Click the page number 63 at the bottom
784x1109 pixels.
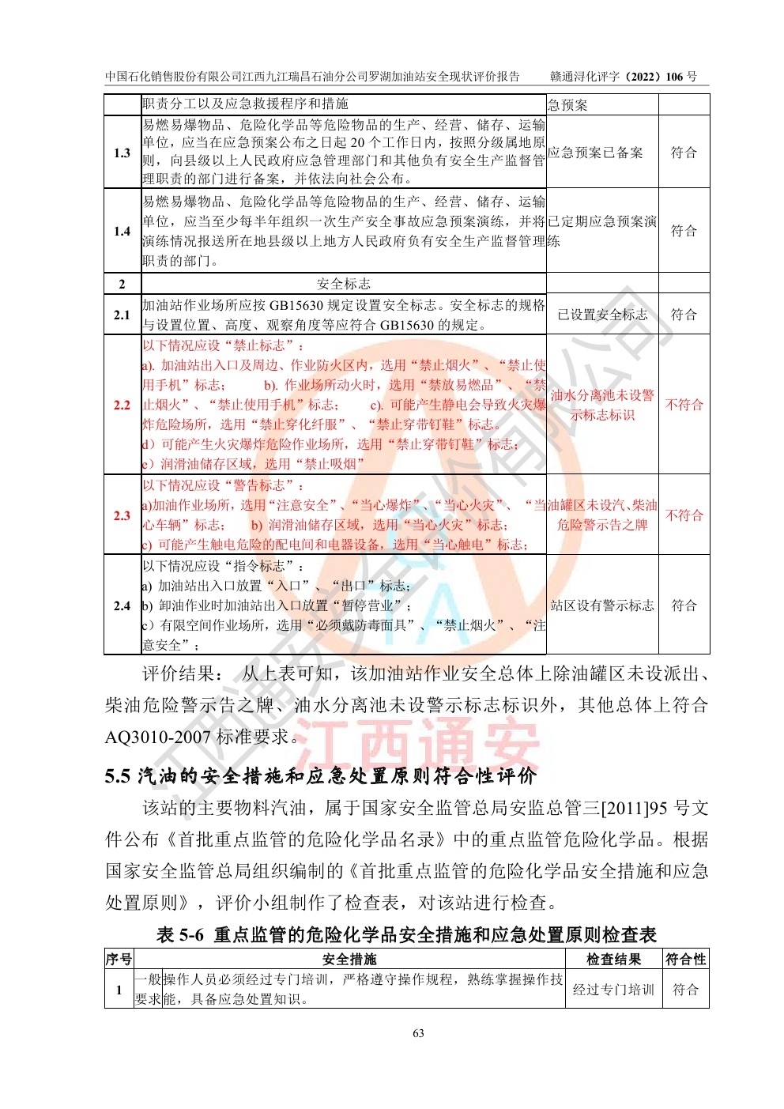pos(418,1032)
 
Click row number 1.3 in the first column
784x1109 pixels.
pos(122,153)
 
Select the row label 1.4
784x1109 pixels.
pos(122,231)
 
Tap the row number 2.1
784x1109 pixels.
pos(122,315)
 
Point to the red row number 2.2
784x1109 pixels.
pos(122,405)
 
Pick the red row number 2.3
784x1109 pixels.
pos(122,515)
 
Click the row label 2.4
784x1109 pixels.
pos(122,605)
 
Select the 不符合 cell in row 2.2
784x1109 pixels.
pos(684,405)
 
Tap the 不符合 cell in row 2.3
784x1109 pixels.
pos(684,515)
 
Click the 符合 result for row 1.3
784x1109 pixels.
pos(684,153)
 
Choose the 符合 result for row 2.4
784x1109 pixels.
pos(684,605)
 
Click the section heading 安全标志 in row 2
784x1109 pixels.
pos(343,284)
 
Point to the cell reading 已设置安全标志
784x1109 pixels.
pos(602,315)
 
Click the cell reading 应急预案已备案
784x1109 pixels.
pos(595,153)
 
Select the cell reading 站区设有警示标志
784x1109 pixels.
pos(602,605)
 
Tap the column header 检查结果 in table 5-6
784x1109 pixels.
pos(613,959)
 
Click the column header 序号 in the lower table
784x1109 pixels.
pos(119,959)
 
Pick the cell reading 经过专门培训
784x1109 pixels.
pos(613,990)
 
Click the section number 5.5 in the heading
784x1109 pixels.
pos(117,776)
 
